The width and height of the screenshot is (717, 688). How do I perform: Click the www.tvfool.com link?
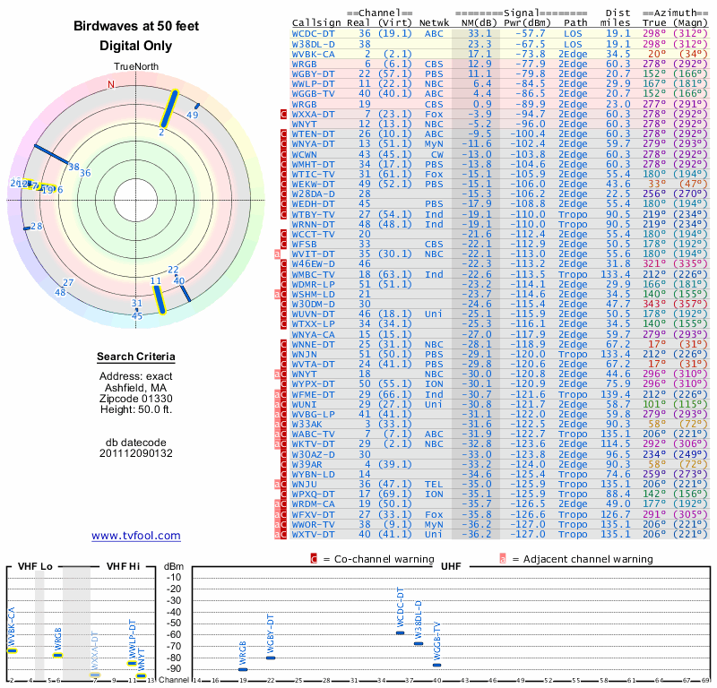click(135, 536)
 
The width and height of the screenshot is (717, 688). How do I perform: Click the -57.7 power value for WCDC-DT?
click(530, 32)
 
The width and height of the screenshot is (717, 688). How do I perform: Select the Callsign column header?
click(316, 21)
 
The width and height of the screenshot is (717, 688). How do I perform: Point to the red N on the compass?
click(111, 85)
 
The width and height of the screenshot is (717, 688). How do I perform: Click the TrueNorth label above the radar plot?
click(135, 67)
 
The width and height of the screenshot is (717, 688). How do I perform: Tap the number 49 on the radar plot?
click(193, 116)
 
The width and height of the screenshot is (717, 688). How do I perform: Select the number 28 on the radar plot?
click(37, 227)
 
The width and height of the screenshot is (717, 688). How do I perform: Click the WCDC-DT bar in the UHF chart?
click(401, 632)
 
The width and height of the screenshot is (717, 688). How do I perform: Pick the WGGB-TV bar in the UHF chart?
click(436, 665)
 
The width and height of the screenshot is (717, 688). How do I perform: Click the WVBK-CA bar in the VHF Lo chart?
click(12, 649)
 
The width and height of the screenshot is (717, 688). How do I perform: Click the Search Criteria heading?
click(135, 357)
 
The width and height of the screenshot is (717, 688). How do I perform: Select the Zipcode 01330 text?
click(135, 398)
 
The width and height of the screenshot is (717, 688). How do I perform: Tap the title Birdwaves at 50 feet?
click(135, 27)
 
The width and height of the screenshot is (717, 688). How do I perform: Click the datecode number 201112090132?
click(135, 453)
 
